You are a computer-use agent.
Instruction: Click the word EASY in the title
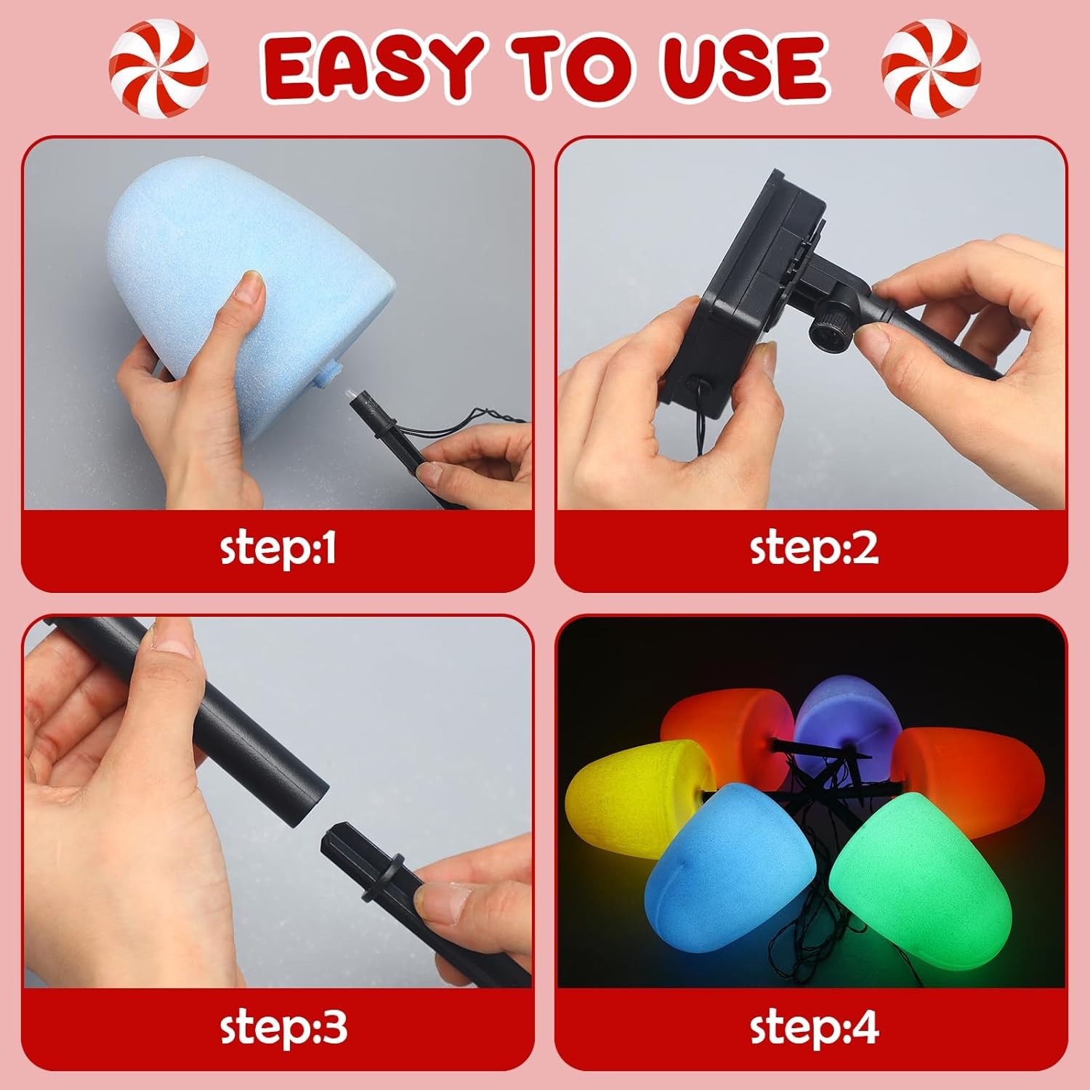[372, 69]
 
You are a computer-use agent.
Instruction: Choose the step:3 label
[283, 1027]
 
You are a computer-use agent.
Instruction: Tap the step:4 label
[814, 1027]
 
